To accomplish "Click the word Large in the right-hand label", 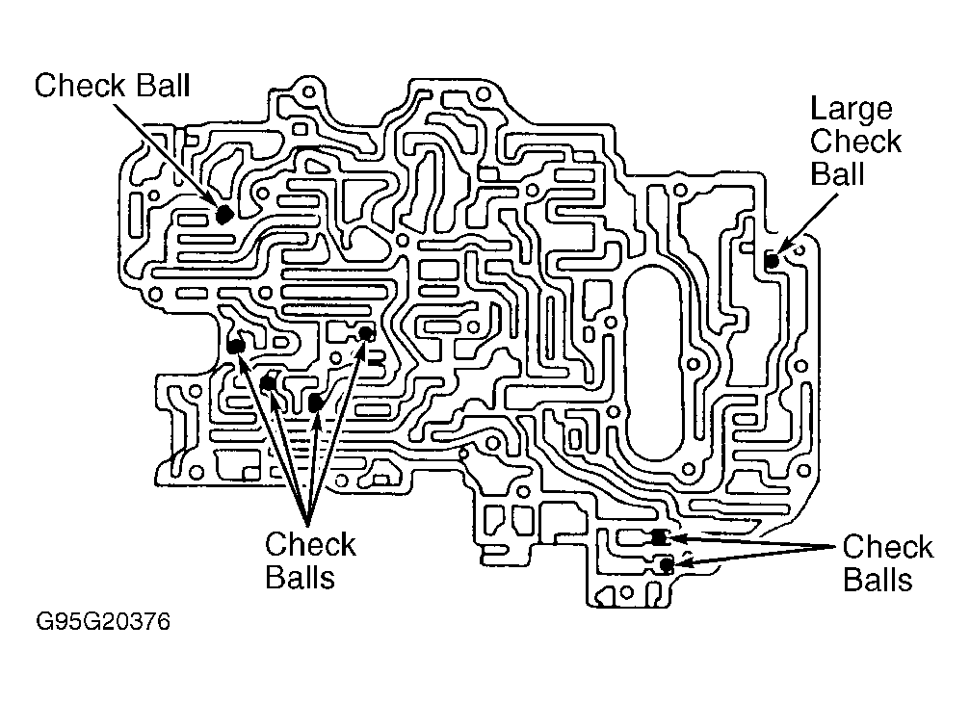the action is click(x=852, y=111).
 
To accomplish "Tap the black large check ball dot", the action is click(x=772, y=261).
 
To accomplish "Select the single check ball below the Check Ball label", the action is click(x=223, y=215).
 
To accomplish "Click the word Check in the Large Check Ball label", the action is click(x=855, y=142).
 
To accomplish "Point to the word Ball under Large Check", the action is click(x=837, y=173).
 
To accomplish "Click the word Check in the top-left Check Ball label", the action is click(x=80, y=86).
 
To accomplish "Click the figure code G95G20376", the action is click(x=103, y=621).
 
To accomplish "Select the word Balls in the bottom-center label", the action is click(x=300, y=578).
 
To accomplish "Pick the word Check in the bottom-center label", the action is click(x=310, y=545).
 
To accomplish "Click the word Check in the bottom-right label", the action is click(x=888, y=547).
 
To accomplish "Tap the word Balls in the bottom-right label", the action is click(x=878, y=580).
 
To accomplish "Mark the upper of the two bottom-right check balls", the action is click(x=660, y=538).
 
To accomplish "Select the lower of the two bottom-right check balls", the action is click(x=666, y=564).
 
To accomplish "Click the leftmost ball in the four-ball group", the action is click(x=235, y=347).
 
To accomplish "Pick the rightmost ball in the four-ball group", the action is click(x=366, y=334).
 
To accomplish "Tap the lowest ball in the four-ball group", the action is click(x=315, y=403).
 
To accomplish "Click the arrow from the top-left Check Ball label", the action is click(x=166, y=155).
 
